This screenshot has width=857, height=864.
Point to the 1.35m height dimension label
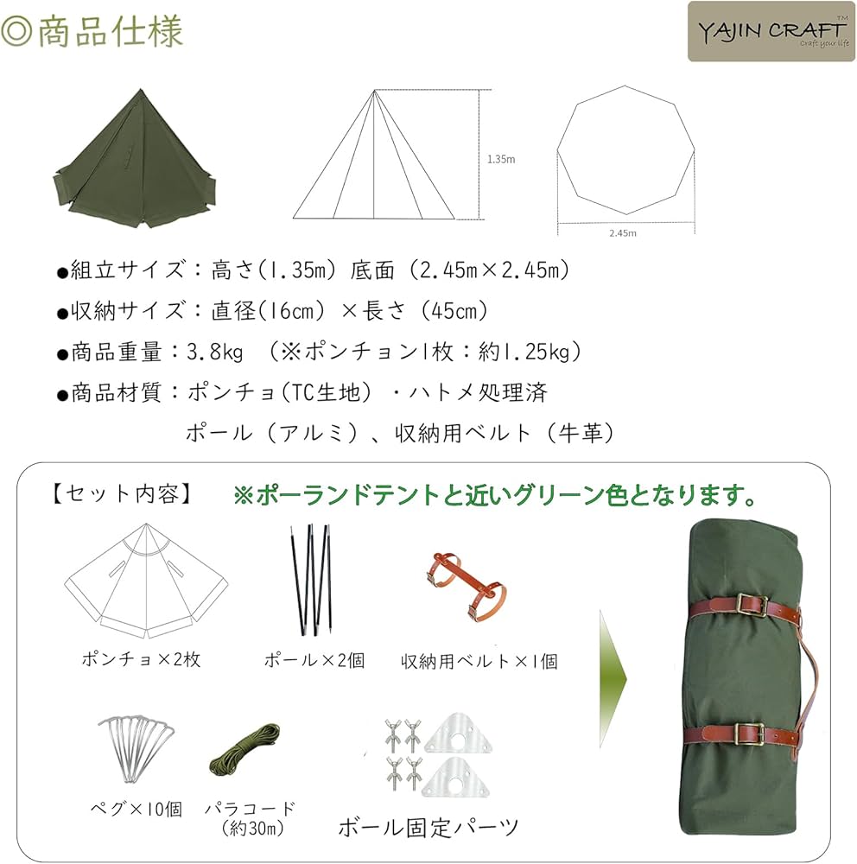pyautogui.click(x=500, y=159)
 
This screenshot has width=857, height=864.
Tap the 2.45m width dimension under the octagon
pyautogui.click(x=622, y=233)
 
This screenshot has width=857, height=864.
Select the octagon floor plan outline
pyautogui.click(x=625, y=151)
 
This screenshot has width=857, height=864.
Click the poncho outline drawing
pyautogui.click(x=147, y=581)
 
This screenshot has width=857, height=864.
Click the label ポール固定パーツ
pyautogui.click(x=429, y=828)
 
